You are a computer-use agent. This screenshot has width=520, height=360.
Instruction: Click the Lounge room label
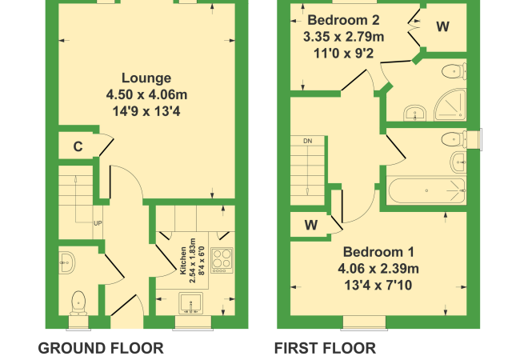146,78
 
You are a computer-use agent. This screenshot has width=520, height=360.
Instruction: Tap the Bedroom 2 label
343,20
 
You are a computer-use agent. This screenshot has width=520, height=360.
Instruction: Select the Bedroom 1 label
378,252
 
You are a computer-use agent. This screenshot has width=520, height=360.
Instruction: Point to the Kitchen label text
182,261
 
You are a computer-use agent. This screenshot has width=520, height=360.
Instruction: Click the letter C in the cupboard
78,146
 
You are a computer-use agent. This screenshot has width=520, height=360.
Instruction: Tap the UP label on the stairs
98,223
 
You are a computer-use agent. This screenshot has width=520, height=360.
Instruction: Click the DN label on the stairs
308,142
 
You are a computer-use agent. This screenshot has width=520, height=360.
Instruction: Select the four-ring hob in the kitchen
222,260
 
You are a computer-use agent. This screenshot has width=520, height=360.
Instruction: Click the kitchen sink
190,303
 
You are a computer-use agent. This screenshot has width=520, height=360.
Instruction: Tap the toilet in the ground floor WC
78,303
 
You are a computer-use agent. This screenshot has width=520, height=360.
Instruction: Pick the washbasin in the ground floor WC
67,263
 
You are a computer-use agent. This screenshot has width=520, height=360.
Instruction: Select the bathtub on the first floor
427,191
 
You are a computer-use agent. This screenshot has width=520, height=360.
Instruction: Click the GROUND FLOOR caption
101,348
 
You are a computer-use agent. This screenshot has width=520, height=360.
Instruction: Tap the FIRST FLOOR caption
325,348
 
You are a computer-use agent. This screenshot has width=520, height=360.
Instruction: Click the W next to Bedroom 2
443,26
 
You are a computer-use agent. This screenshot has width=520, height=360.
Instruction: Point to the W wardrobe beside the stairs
311,226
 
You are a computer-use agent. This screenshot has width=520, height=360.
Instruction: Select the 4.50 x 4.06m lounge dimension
146,95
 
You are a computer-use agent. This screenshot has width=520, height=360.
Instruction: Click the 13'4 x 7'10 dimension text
378,285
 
